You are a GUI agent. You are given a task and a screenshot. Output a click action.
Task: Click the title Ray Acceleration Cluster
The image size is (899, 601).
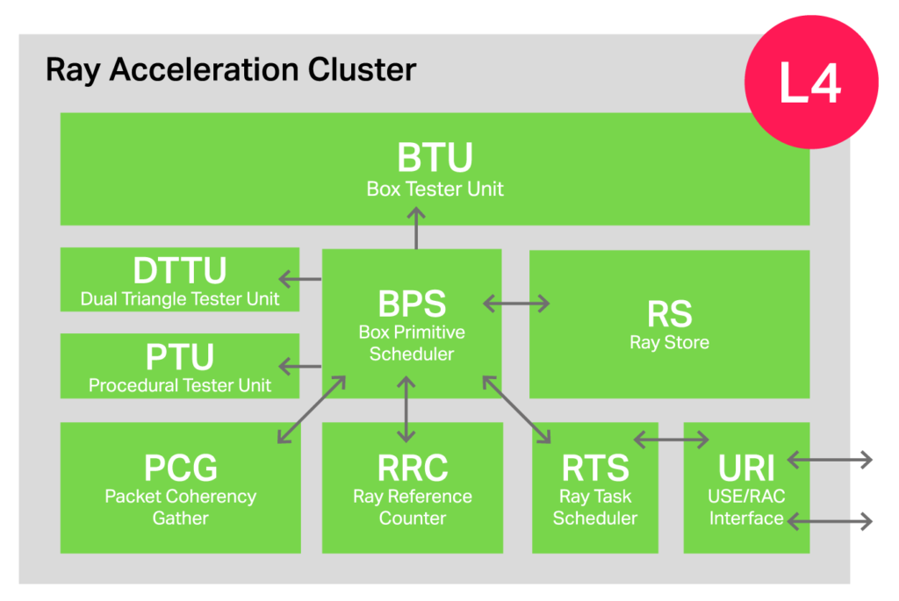coord(230,69)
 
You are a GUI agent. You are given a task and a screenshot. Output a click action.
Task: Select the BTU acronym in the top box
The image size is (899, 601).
coord(435,158)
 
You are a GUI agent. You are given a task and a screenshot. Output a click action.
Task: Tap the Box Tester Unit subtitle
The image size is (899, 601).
coord(435,189)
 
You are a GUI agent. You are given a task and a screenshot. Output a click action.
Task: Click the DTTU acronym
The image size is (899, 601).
coord(180,269)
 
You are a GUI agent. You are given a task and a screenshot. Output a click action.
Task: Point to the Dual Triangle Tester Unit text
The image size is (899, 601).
coord(180,298)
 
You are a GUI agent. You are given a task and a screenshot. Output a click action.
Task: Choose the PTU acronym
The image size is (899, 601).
coord(180,357)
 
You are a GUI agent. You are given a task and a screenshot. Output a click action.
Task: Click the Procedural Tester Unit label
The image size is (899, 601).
coord(180,385)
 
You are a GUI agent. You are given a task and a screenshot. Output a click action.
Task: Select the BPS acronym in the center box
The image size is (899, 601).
coord(412,304)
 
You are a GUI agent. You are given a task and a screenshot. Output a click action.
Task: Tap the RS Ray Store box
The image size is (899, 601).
coord(669,324)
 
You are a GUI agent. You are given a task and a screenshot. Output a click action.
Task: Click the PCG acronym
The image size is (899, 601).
coord(180,468)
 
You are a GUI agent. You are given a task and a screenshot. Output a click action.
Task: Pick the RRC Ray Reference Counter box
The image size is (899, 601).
coord(412,488)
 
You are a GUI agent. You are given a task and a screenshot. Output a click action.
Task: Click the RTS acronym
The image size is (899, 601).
coord(595,468)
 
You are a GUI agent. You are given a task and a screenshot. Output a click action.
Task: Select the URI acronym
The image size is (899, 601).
coord(746,468)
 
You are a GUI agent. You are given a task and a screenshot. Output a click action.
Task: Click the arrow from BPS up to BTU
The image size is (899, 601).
coord(416,228)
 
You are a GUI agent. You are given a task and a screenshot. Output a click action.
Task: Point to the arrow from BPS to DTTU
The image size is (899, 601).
coord(301,280)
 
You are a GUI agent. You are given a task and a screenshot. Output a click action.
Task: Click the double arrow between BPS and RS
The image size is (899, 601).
coord(516,304)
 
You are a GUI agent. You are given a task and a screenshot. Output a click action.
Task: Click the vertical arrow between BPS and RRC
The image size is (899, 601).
coord(405,409)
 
